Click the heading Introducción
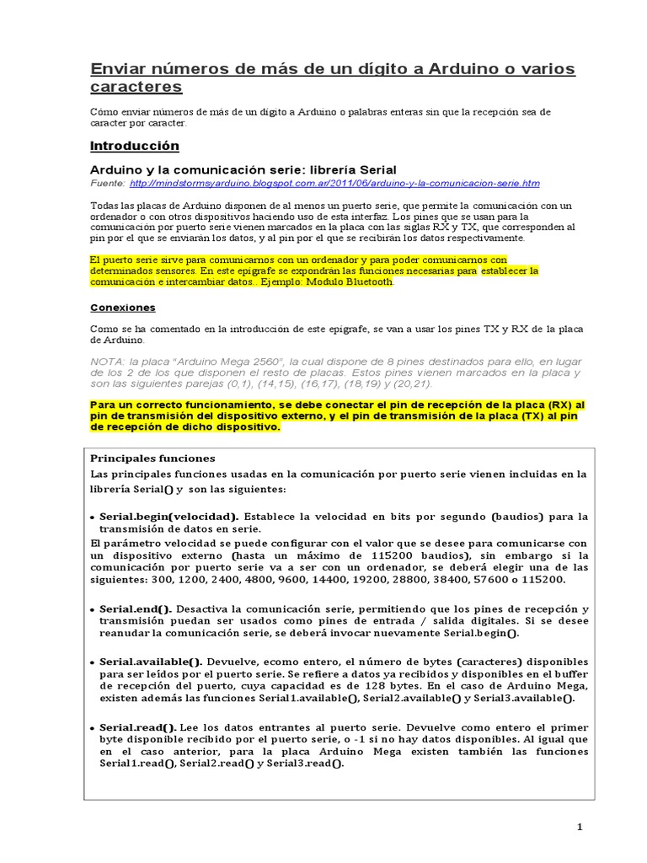pyautogui.click(x=134, y=146)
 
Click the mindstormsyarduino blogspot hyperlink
pyautogui.click(x=335, y=183)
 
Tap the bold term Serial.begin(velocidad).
pyautogui.click(x=168, y=517)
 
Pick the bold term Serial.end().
pyautogui.click(x=136, y=608)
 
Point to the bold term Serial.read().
pyautogui.click(x=138, y=726)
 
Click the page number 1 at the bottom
pyautogui.click(x=580, y=828)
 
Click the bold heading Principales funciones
pyautogui.click(x=152, y=458)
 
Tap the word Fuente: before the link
pyautogui.click(x=108, y=183)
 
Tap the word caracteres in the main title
pyautogui.click(x=136, y=87)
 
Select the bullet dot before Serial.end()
pyautogui.click(x=92, y=609)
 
